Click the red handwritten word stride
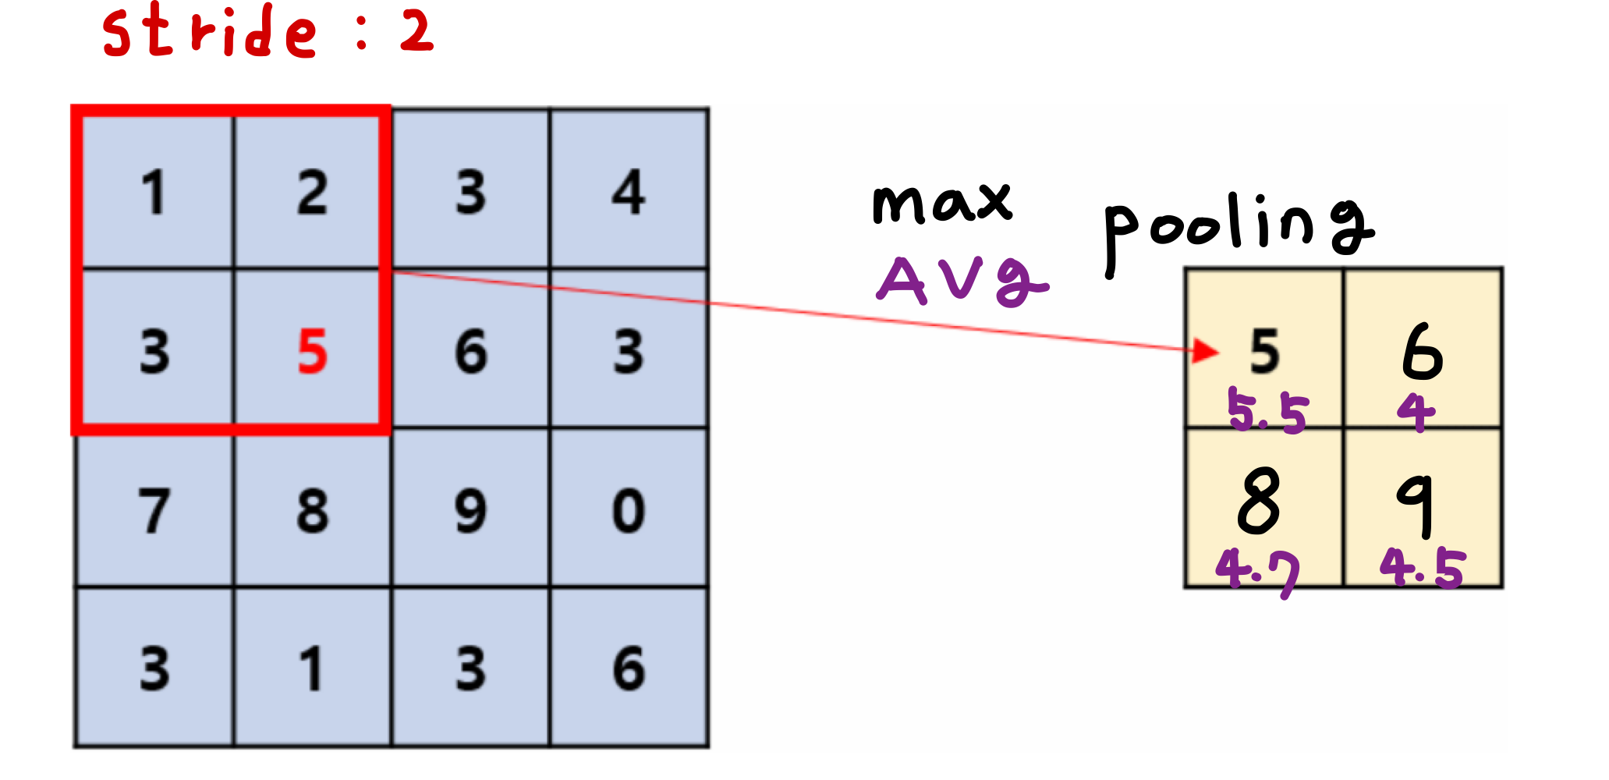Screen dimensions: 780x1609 (x=209, y=33)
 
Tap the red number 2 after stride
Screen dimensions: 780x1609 (x=417, y=33)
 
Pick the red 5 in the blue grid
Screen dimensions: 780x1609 (x=312, y=352)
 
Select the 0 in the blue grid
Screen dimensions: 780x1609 (x=629, y=511)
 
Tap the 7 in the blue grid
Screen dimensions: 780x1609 (x=154, y=511)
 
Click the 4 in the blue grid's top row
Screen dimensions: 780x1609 (x=629, y=192)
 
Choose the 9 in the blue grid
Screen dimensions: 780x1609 (x=470, y=511)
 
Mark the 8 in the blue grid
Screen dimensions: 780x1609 (x=312, y=511)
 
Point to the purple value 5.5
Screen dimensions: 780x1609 (x=1267, y=411)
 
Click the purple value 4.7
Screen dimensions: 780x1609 (x=1258, y=571)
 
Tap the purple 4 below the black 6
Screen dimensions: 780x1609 (x=1416, y=411)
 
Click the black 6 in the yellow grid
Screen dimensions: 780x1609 (x=1423, y=352)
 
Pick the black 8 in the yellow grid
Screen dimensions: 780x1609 (x=1259, y=501)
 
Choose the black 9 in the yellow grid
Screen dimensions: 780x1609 (x=1416, y=504)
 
